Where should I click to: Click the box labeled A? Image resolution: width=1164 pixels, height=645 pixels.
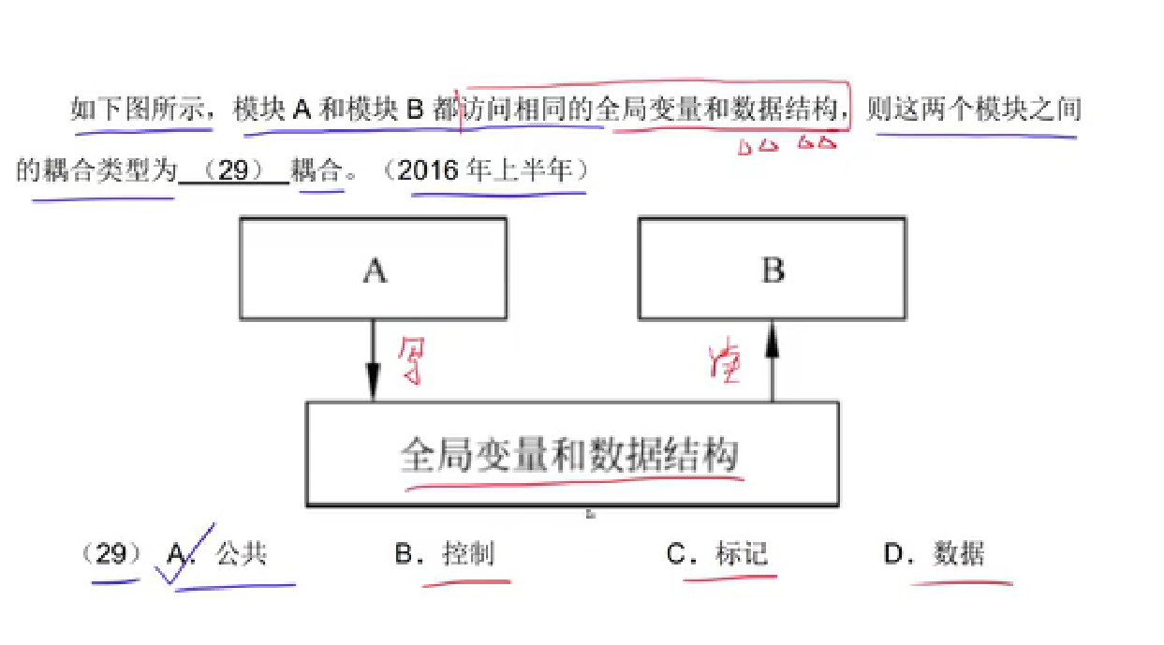pos(374,269)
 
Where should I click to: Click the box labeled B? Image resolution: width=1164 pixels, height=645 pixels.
pos(772,269)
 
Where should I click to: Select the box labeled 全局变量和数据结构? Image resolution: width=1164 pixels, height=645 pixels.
pos(571,455)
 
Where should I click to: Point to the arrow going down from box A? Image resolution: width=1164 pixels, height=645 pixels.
pos(373,361)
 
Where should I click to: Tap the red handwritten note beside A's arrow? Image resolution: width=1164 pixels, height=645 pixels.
pos(409,361)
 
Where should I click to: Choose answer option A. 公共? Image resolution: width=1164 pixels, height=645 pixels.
pos(229,554)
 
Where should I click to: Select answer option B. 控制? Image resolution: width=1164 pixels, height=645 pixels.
pos(444,554)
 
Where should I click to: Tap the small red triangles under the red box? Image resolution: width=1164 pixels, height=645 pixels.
pos(787,145)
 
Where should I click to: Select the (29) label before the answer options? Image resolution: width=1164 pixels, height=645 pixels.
pos(111,554)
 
